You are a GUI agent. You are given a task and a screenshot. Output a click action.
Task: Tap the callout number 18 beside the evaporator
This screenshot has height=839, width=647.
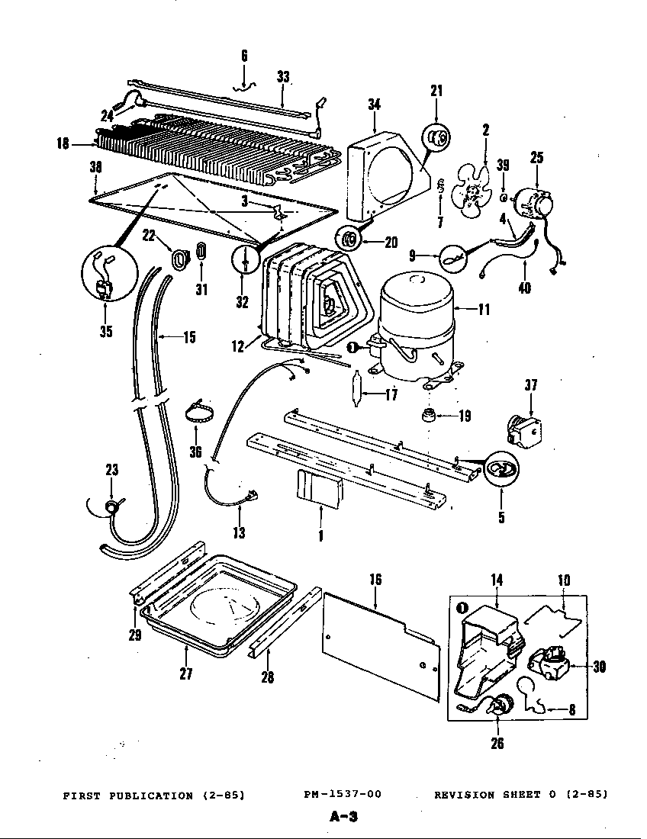[63, 143]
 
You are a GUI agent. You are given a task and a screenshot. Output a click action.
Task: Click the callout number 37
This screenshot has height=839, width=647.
[531, 386]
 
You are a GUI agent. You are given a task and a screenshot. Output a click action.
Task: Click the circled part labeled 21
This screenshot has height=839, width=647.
[436, 137]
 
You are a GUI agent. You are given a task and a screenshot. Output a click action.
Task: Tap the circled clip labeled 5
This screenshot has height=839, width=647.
[499, 470]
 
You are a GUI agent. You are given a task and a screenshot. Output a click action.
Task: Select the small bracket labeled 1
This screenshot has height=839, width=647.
[318, 489]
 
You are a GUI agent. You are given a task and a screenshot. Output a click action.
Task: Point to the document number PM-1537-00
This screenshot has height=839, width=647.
[342, 795]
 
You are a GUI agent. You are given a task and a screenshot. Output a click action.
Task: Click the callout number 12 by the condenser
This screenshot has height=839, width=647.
[239, 346]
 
